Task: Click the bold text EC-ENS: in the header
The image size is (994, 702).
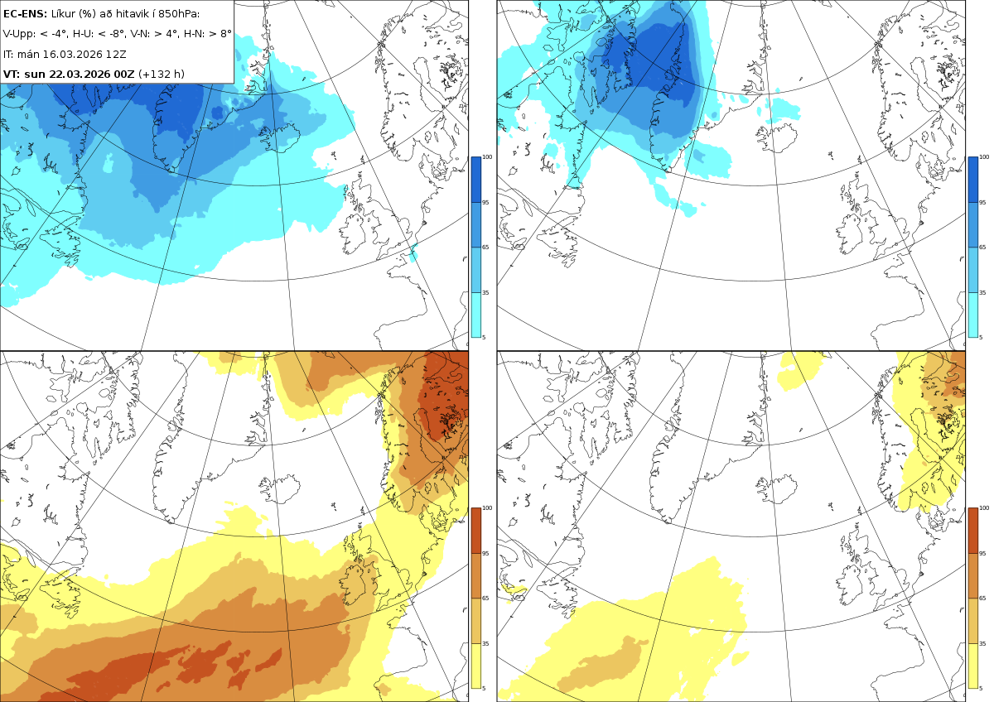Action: (25, 14)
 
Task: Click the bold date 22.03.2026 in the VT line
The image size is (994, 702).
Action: (80, 74)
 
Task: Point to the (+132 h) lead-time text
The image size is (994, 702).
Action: (161, 74)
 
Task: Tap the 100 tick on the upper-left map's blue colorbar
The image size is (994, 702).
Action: (487, 157)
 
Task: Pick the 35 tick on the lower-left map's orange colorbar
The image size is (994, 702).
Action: (485, 643)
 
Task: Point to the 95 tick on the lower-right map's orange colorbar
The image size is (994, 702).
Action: (982, 554)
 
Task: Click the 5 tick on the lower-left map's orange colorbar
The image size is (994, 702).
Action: (484, 688)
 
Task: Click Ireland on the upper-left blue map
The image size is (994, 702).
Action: (353, 234)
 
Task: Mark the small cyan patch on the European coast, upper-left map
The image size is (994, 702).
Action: (413, 252)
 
